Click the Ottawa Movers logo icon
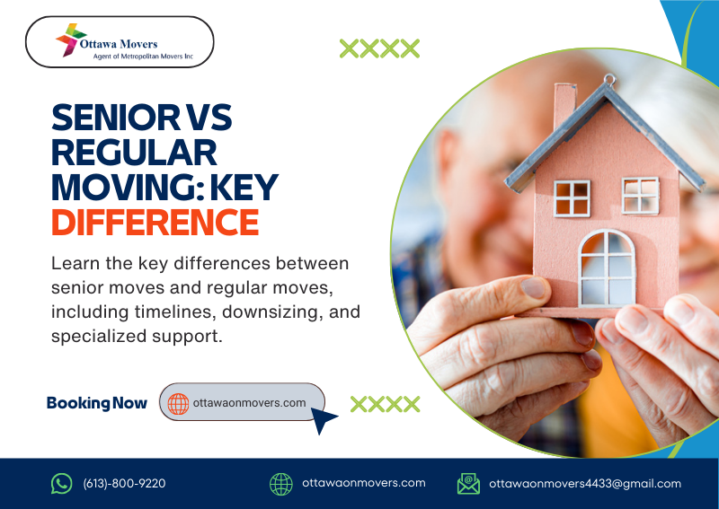pos(70,40)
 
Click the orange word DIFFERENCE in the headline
pos(154,222)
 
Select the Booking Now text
pos(96,403)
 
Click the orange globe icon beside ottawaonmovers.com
pos(178,403)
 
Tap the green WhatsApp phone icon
pos(61,483)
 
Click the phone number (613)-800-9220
pos(124,483)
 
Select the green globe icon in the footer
pos(281,483)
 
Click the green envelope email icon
pos(467,483)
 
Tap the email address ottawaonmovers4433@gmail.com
pos(585,483)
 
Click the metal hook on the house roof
pos(608,80)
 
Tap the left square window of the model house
pos(572,197)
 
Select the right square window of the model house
pos(641,194)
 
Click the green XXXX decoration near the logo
pos(379,48)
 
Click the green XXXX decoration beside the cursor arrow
pos(386,404)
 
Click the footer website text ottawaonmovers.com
pos(364,483)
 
